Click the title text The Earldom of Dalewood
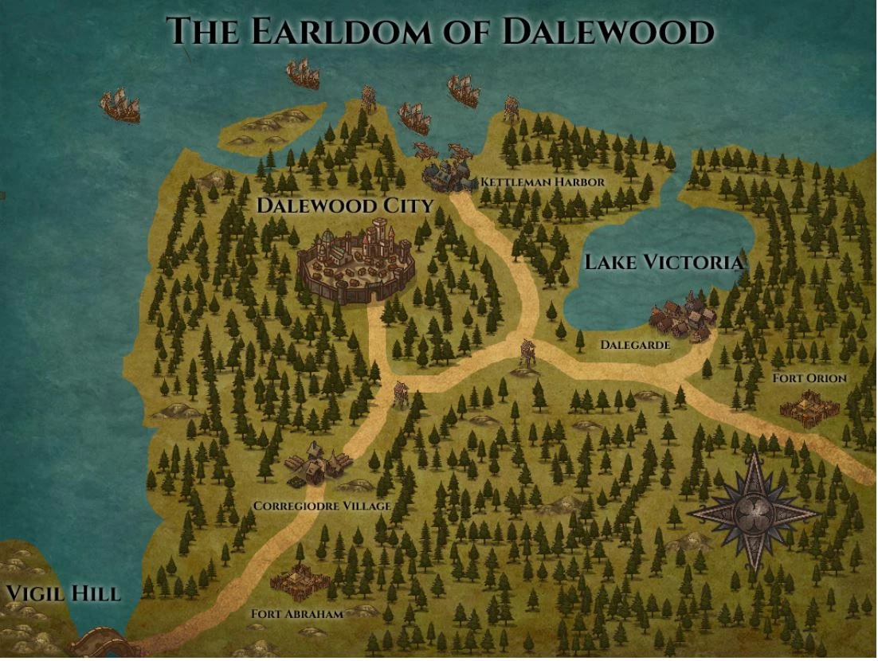pyautogui.click(x=440, y=32)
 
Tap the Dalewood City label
pyautogui.click(x=344, y=205)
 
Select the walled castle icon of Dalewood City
pyautogui.click(x=356, y=264)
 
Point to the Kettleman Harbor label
pyautogui.click(x=543, y=182)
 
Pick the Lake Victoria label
pyautogui.click(x=664, y=262)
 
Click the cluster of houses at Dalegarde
pyautogui.click(x=681, y=319)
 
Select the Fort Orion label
pyautogui.click(x=809, y=378)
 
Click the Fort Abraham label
pyautogui.click(x=296, y=614)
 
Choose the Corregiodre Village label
pyautogui.click(x=322, y=506)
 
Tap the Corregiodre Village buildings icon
pyautogui.click(x=317, y=465)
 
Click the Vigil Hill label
pyautogui.click(x=63, y=593)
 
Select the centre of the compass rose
pyautogui.click(x=754, y=510)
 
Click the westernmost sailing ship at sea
pyautogui.click(x=120, y=105)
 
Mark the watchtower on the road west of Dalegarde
pyautogui.click(x=526, y=356)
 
